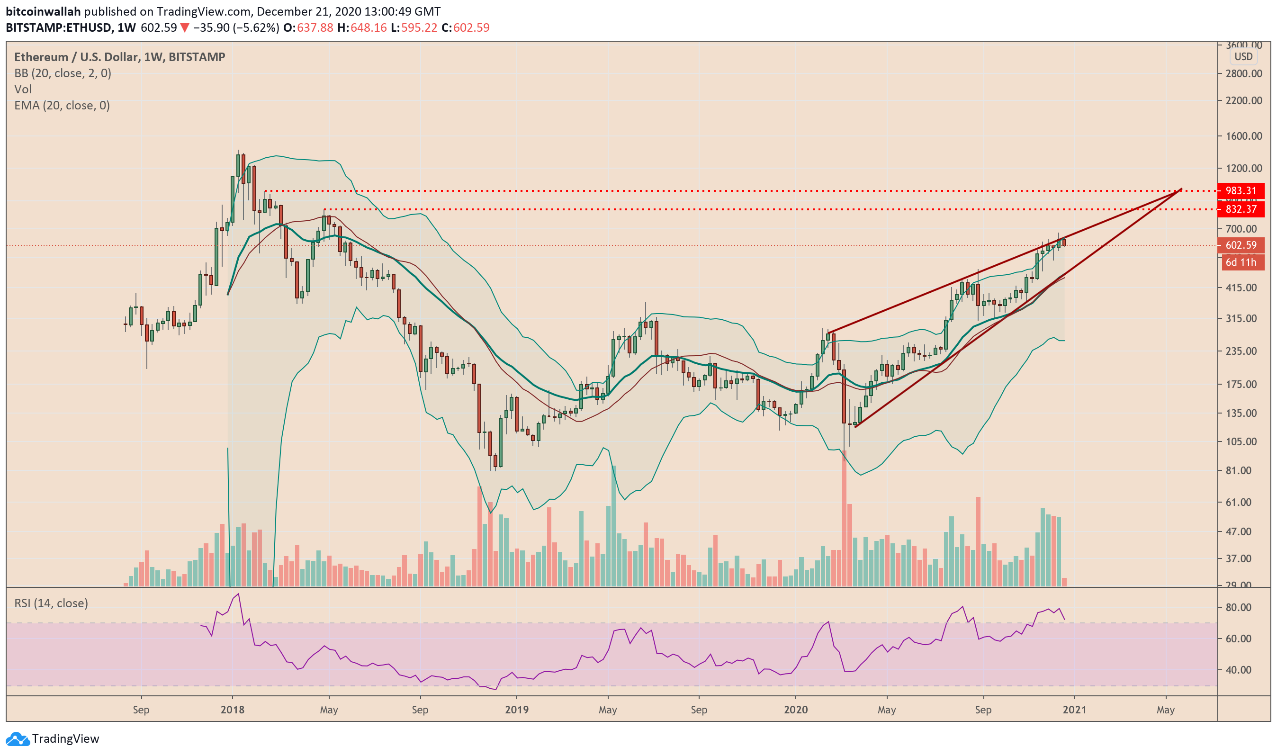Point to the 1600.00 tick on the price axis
point(1243,136)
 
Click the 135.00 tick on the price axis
point(1243,413)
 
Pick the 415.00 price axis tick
point(1243,288)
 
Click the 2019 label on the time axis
point(516,710)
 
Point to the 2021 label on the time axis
point(1074,710)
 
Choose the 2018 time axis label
point(232,710)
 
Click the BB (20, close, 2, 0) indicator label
point(63,73)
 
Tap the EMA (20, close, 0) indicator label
point(62,106)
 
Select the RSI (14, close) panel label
point(51,603)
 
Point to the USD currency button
point(1243,56)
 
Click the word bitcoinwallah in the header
point(43,11)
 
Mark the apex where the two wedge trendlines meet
point(1181,189)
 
